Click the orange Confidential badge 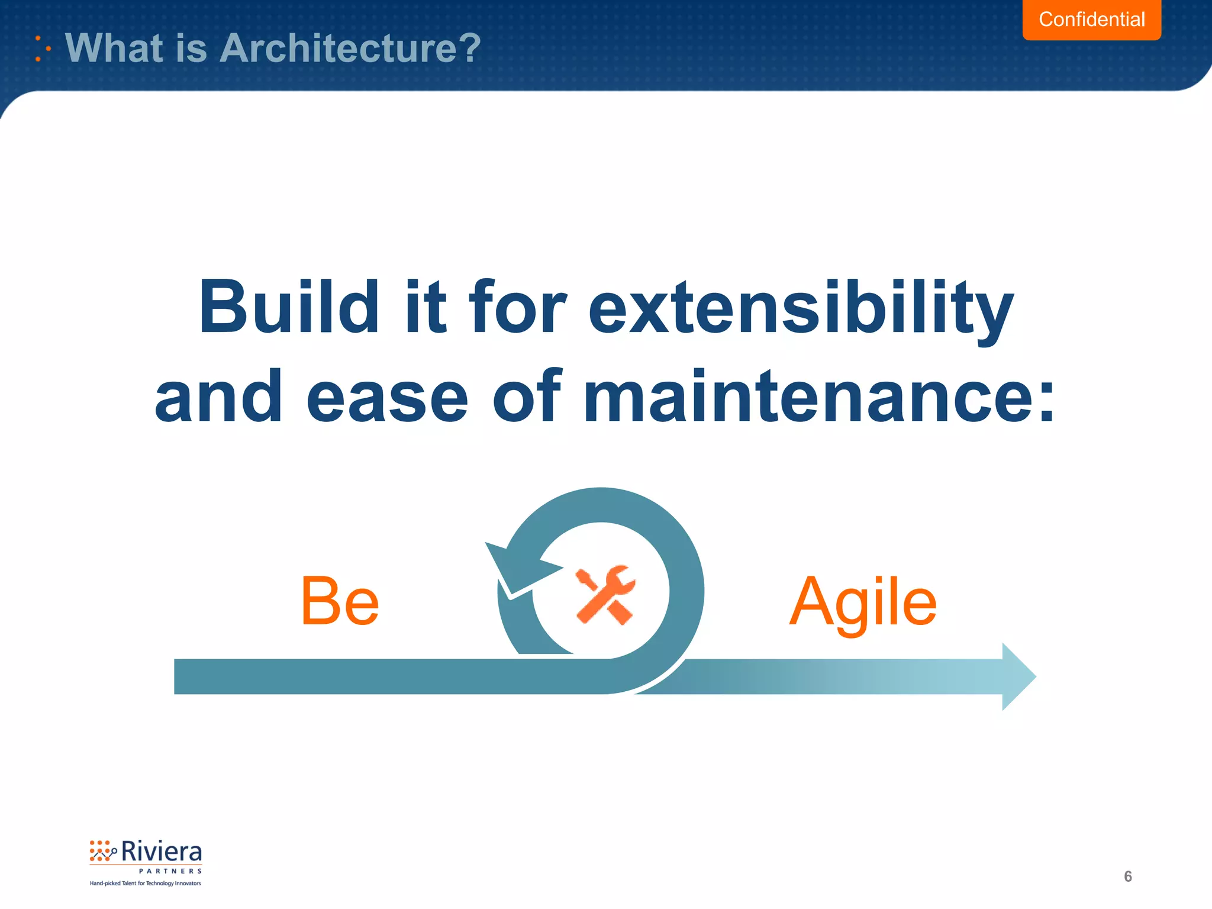click(1091, 20)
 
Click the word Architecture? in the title click(350, 48)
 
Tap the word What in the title click(115, 48)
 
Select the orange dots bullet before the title click(41, 49)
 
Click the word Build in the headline click(288, 308)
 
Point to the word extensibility click(801, 309)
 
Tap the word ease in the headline click(387, 397)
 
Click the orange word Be click(339, 602)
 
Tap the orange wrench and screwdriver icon click(605, 594)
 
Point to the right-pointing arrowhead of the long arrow click(1018, 676)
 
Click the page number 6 click(1127, 876)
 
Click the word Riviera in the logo click(161, 852)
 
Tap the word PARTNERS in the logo click(170, 871)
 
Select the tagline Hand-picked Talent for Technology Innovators click(145, 884)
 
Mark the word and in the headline click(218, 397)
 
